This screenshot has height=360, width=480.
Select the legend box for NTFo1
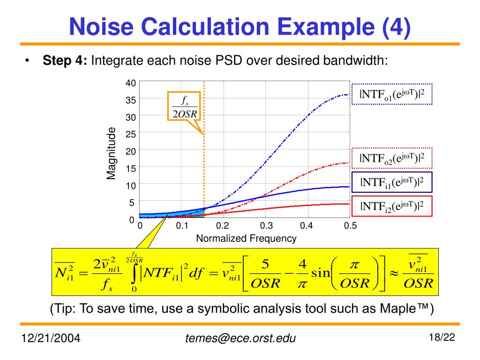(x=392, y=94)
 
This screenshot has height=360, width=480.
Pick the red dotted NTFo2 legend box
(x=392, y=158)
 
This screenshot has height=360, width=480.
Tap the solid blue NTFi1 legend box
(x=392, y=182)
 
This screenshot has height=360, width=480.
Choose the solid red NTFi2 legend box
(x=392, y=206)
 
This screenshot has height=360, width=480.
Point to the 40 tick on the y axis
(x=130, y=83)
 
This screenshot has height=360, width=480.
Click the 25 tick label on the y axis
(x=130, y=135)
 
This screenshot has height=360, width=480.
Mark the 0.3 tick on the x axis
(x=266, y=226)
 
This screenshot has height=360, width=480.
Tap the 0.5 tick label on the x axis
(x=350, y=226)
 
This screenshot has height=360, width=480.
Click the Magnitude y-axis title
(x=111, y=153)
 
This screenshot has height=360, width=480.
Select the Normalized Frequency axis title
(x=246, y=239)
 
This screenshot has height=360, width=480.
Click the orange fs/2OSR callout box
(x=183, y=106)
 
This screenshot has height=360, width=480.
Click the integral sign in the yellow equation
(x=135, y=275)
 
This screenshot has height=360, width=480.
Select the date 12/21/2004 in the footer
(x=50, y=338)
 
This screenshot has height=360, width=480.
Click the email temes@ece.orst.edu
(x=240, y=338)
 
